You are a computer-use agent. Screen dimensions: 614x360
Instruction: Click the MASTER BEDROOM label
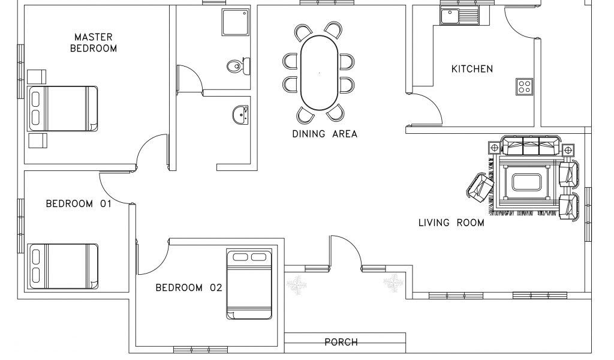(94, 43)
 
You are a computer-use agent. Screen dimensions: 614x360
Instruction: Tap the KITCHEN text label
(472, 69)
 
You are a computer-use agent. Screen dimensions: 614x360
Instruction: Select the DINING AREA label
(324, 134)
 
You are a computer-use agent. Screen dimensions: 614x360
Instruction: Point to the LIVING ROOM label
(451, 223)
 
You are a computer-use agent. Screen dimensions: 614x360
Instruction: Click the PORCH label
(341, 343)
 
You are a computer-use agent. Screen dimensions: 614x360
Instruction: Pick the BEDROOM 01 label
(79, 203)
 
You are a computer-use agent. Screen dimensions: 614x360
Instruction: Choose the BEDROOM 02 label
(189, 288)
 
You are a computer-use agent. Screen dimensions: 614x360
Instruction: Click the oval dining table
(319, 73)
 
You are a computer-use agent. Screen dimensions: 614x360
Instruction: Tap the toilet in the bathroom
(239, 66)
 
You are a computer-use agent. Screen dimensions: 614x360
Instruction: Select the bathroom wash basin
(240, 115)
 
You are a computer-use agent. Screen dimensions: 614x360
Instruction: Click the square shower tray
(236, 22)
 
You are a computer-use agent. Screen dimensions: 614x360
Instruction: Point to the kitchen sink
(459, 16)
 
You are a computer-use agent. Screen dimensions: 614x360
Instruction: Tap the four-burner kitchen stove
(524, 86)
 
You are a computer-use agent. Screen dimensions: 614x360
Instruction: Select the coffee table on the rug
(526, 182)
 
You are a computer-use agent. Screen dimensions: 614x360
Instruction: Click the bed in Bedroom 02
(249, 284)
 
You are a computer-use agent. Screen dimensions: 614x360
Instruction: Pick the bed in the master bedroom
(62, 109)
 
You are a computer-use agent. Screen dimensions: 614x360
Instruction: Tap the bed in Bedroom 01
(62, 266)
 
